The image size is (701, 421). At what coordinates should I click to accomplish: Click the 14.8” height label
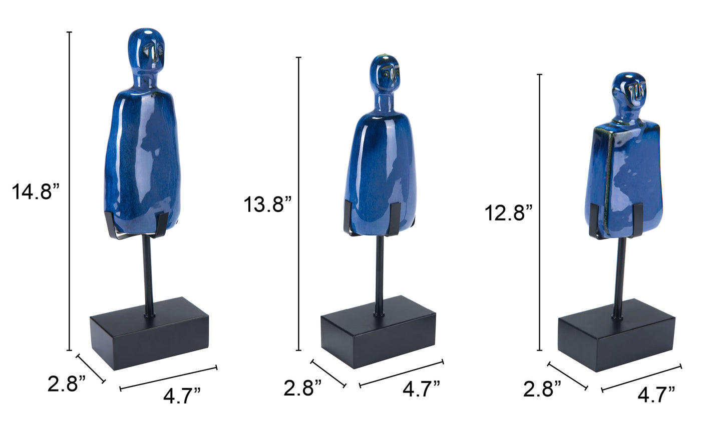click(x=36, y=191)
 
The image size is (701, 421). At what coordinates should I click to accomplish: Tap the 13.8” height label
click(x=267, y=204)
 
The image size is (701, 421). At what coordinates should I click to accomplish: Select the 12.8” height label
click(x=509, y=213)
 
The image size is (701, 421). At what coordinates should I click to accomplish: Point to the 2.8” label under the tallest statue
click(x=66, y=383)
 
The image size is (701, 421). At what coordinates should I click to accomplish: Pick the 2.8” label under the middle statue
click(x=302, y=388)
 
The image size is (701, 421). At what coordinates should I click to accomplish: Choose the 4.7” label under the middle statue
click(x=421, y=389)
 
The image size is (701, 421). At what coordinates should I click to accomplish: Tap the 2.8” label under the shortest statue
click(x=542, y=389)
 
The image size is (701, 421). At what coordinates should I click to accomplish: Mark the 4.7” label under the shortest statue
click(x=656, y=394)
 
